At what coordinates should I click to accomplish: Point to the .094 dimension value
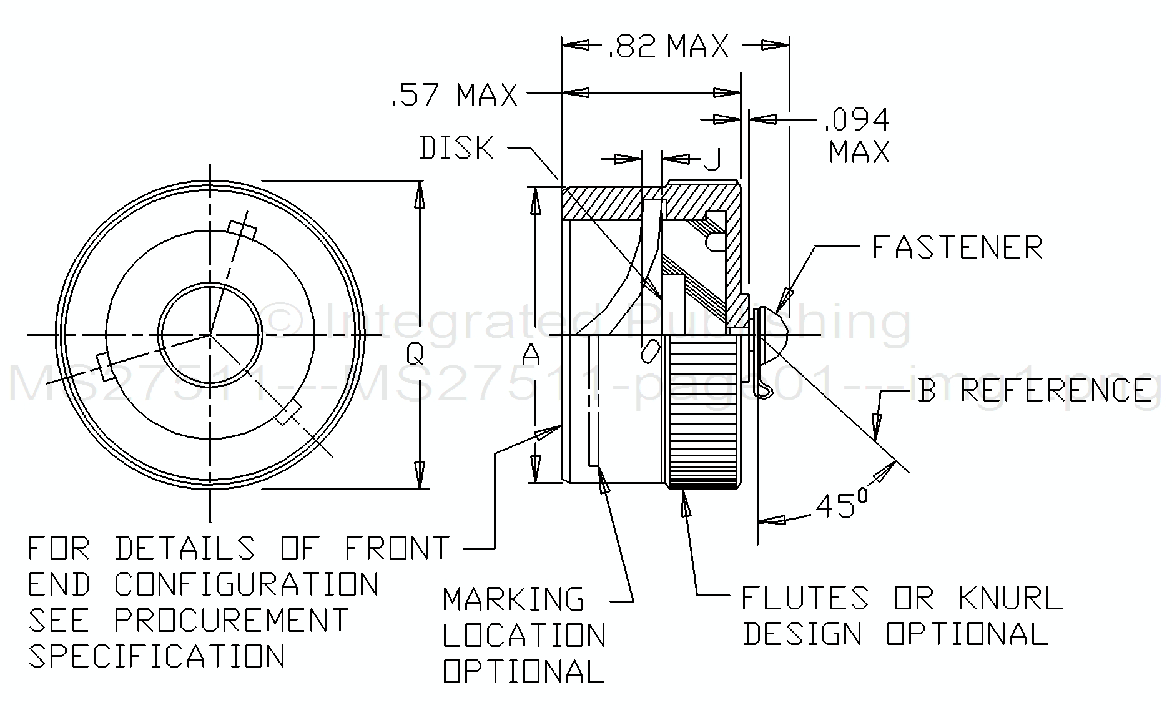[857, 119]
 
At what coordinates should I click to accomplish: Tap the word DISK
[457, 149]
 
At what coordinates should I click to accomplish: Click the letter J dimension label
[713, 160]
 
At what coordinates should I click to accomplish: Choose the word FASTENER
[957, 247]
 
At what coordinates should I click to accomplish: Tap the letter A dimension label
[531, 354]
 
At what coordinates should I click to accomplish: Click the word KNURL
[1010, 598]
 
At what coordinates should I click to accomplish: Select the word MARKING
[513, 599]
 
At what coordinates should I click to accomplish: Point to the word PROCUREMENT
[231, 620]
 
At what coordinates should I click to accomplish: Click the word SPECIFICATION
[157, 656]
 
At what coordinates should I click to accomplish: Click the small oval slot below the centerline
[650, 350]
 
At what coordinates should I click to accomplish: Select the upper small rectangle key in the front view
[242, 230]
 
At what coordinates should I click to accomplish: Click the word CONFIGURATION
[247, 584]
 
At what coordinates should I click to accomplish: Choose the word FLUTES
[805, 598]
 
